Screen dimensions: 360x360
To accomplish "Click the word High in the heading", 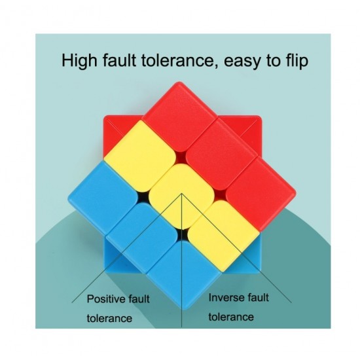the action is [x=79, y=61].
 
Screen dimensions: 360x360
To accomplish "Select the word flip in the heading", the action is [x=297, y=61].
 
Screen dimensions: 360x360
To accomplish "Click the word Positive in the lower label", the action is [x=105, y=299].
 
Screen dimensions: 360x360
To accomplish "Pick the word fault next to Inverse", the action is [x=255, y=298].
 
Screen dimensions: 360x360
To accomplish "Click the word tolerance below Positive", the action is [x=109, y=319].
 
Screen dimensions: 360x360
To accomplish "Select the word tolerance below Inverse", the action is [x=231, y=317].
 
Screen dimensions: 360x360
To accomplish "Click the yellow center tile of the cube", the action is [x=181, y=196].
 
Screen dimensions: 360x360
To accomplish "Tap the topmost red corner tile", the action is [x=180, y=117].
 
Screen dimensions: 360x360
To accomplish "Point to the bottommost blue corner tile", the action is [x=184, y=274].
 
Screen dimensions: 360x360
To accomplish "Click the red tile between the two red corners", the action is [x=221, y=154].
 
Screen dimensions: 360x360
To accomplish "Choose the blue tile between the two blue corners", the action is [x=142, y=238].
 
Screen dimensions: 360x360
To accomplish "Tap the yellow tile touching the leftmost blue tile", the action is [x=140, y=156].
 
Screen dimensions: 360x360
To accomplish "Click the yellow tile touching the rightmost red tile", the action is [x=224, y=236].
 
